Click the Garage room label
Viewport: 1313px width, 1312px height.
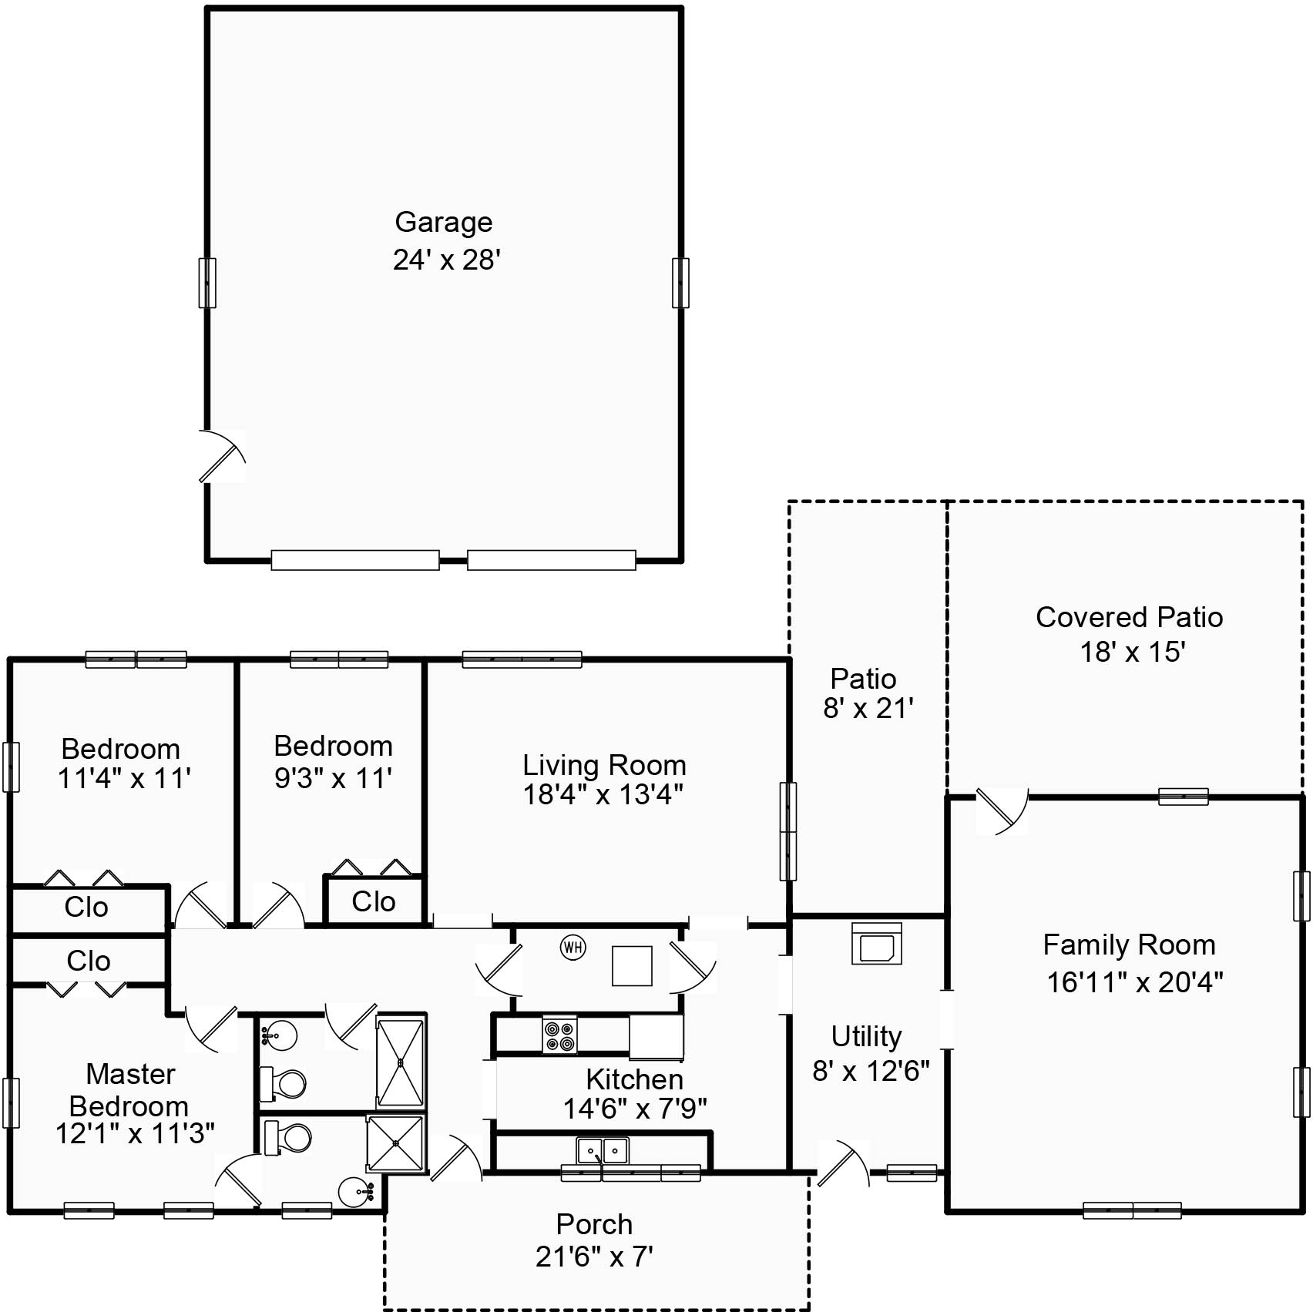point(443,223)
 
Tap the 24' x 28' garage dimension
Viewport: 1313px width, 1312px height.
point(447,260)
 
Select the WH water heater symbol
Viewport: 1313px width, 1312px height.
point(573,947)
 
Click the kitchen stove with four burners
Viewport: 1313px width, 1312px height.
point(559,1035)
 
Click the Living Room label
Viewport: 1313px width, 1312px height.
point(604,765)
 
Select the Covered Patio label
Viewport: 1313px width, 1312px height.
point(1129,617)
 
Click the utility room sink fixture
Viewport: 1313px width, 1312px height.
point(877,944)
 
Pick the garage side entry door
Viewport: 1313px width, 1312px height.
point(223,456)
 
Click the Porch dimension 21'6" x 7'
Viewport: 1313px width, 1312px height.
point(594,1257)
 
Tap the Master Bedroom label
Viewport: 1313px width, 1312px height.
point(129,1089)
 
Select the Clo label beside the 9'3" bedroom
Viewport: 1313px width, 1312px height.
point(374,901)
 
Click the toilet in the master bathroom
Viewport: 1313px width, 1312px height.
point(287,1136)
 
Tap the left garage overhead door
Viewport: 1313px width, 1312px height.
point(355,560)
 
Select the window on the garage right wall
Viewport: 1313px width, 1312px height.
point(680,283)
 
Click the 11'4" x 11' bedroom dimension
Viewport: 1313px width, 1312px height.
point(124,779)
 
